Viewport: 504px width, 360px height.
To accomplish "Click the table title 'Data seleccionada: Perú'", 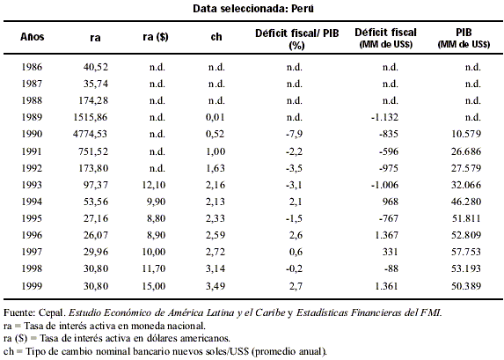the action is [253, 9].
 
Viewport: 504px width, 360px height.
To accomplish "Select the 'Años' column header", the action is [33, 37].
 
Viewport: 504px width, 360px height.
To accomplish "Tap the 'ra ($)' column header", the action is [156, 37].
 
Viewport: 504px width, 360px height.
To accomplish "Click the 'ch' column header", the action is [216, 37].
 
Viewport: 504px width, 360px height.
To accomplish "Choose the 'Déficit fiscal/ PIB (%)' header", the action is [297, 39].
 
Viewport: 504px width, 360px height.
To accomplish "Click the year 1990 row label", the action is [32, 134].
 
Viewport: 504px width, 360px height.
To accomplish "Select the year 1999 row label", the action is [32, 286].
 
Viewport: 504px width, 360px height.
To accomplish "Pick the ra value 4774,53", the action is [90, 134].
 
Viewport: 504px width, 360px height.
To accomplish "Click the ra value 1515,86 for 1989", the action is [91, 117].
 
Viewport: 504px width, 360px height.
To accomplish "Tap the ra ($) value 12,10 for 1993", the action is [154, 185].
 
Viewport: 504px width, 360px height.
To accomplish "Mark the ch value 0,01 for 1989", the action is [215, 117].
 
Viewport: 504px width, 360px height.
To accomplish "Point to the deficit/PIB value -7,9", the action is [294, 134].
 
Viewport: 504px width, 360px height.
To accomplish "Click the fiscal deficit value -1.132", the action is [384, 117].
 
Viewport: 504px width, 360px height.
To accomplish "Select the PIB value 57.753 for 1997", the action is [466, 252].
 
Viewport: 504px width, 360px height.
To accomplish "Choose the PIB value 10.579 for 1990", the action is [466, 134].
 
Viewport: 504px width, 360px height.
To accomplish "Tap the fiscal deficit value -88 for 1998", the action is [391, 268].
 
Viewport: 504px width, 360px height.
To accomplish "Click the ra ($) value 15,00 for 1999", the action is [154, 286].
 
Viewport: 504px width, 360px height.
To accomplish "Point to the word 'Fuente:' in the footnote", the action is [19, 312].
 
